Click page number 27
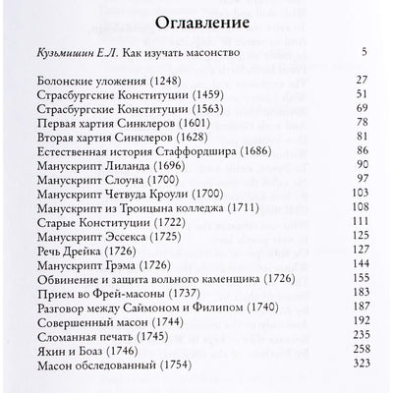coord(361,106)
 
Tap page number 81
coord(361,165)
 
